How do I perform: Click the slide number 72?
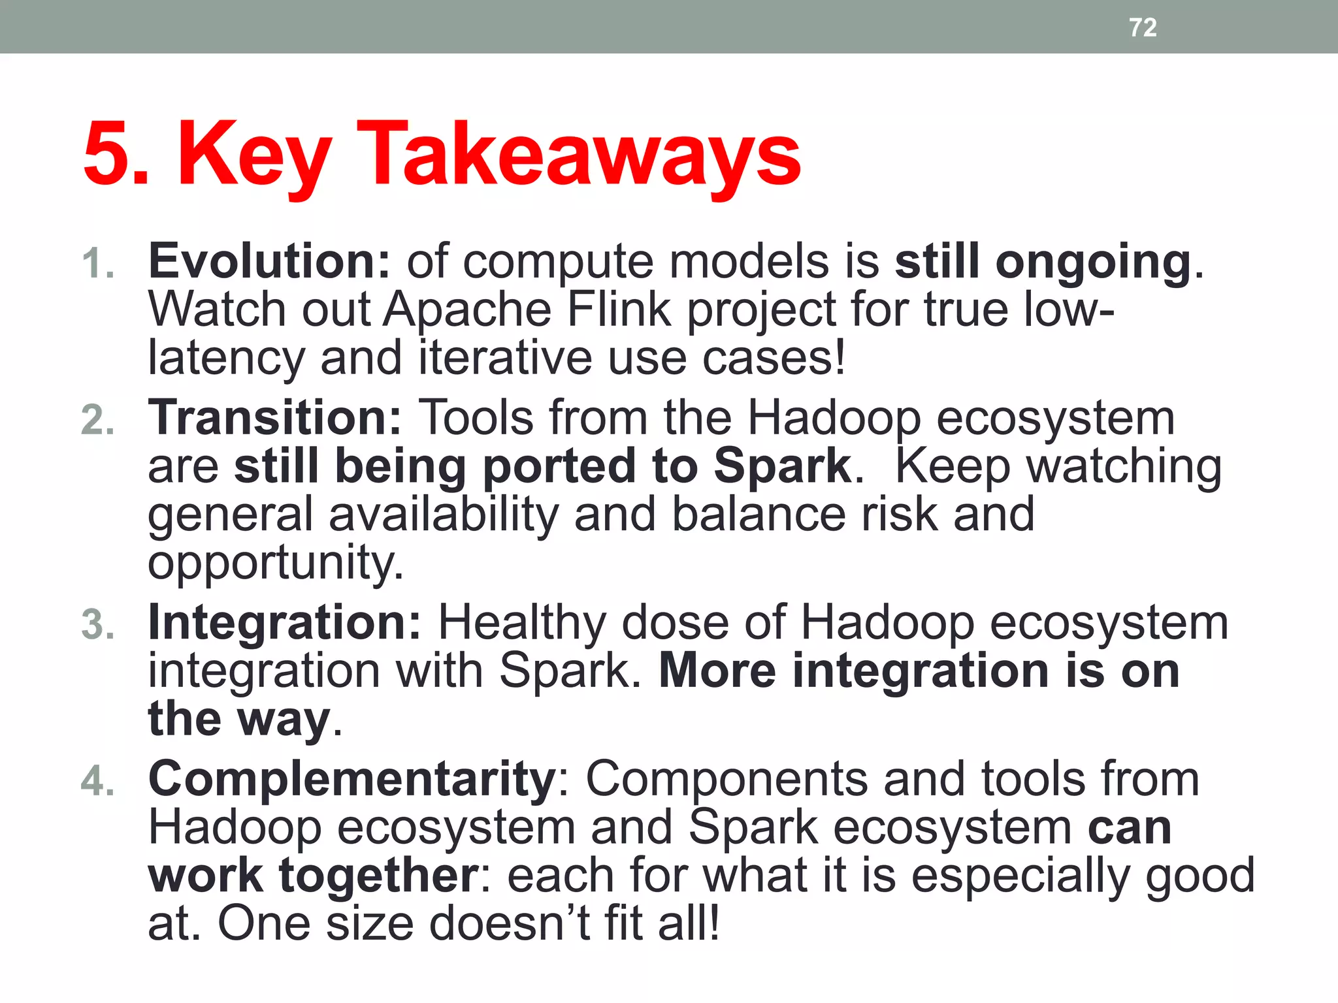click(1143, 27)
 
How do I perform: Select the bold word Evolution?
click(269, 261)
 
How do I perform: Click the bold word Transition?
click(275, 418)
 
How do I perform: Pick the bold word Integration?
click(285, 622)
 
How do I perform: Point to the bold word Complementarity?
click(352, 779)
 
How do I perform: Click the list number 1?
click(98, 264)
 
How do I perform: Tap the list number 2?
click(98, 420)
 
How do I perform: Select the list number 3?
click(98, 624)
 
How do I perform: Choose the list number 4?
click(98, 781)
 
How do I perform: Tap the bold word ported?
click(559, 467)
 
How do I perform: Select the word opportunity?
click(275, 564)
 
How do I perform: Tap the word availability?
click(444, 515)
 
